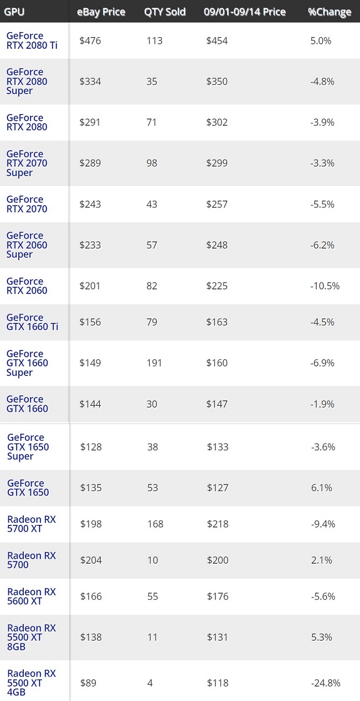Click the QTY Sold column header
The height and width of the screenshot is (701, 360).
point(164,12)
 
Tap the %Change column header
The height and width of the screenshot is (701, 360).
point(330,12)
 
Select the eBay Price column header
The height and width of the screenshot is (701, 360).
point(101,12)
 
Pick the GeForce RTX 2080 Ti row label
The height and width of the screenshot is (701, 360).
point(28,40)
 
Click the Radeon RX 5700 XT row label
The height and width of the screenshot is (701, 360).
point(32,524)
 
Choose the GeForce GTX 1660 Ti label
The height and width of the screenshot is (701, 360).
point(32,322)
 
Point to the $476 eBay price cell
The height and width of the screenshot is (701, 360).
point(90,40)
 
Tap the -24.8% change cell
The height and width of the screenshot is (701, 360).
point(325,683)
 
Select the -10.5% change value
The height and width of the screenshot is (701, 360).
point(325,286)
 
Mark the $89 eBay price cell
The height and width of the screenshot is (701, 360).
point(88,683)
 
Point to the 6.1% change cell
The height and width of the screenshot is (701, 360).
point(321,488)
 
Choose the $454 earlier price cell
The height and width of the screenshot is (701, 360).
point(217,40)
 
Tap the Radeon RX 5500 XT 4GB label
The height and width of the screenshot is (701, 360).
point(32,683)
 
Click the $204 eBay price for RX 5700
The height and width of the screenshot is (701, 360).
point(91,560)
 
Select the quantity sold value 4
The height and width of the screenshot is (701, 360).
point(150,683)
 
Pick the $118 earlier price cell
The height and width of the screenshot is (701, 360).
point(217,683)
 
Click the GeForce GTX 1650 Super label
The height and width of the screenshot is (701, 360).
point(28,447)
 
